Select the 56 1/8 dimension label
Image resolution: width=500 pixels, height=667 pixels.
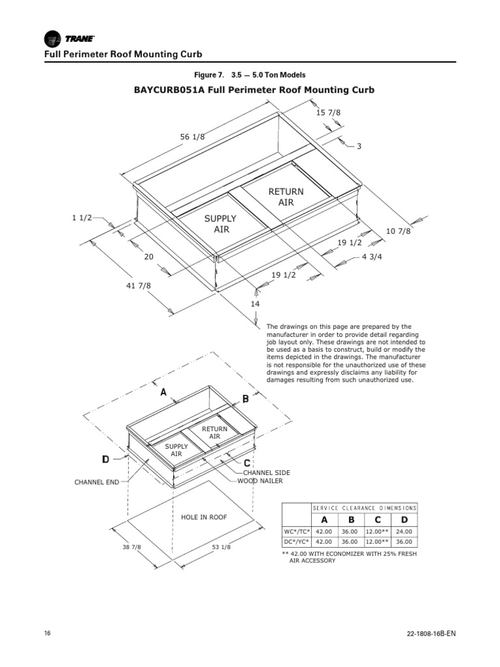tap(192, 136)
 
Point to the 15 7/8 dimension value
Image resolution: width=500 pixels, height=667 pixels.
tap(328, 113)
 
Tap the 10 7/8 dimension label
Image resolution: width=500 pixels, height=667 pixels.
tap(398, 231)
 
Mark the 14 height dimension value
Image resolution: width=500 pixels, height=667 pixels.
tap(255, 304)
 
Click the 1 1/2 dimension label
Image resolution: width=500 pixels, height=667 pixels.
tap(81, 218)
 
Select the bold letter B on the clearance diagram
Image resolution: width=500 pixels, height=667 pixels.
tap(245, 399)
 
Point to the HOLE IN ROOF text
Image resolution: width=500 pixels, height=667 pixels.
tap(204, 517)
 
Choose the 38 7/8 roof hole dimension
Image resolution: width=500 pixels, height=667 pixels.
tap(132, 546)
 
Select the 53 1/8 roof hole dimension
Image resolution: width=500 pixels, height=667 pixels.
tap(221, 547)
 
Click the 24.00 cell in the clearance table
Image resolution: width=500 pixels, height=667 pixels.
tap(404, 532)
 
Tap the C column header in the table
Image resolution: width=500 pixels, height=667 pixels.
tap(376, 519)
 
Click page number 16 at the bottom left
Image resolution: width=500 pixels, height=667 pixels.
tap(48, 634)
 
